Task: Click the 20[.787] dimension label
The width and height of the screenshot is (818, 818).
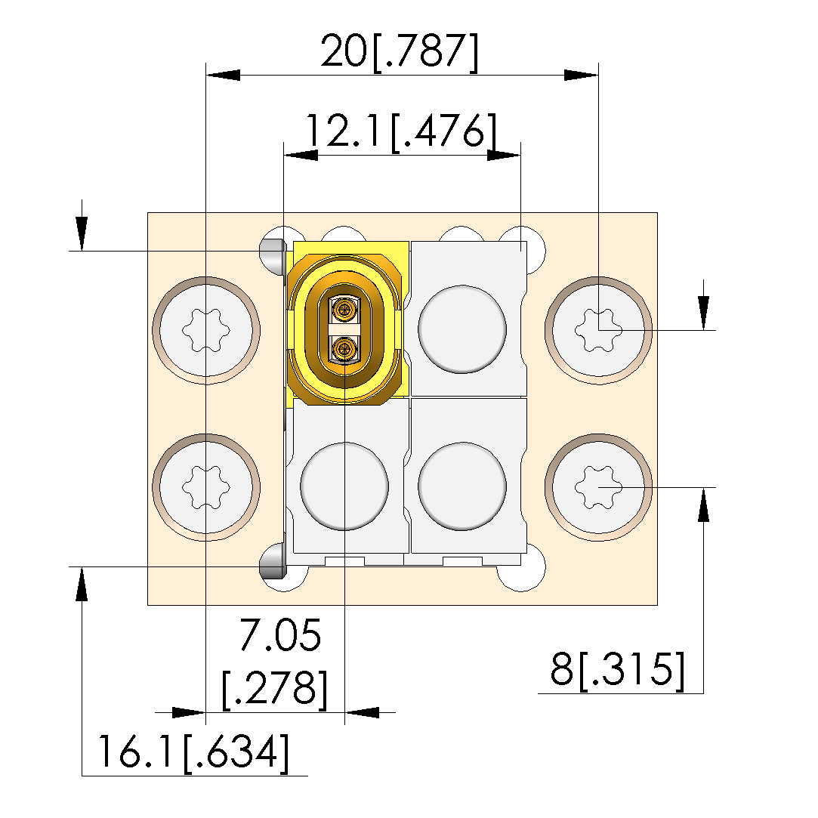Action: [x=399, y=52]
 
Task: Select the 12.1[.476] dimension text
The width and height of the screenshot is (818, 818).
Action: [x=400, y=131]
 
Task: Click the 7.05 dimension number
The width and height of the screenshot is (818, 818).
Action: [x=280, y=635]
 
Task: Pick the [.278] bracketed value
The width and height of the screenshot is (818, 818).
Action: [x=274, y=690]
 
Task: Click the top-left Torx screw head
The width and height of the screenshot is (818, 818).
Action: [x=206, y=330]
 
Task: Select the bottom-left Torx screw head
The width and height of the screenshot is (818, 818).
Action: [x=206, y=487]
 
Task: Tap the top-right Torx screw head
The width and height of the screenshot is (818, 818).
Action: [x=598, y=330]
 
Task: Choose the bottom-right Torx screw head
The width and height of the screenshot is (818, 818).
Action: [x=598, y=487]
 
